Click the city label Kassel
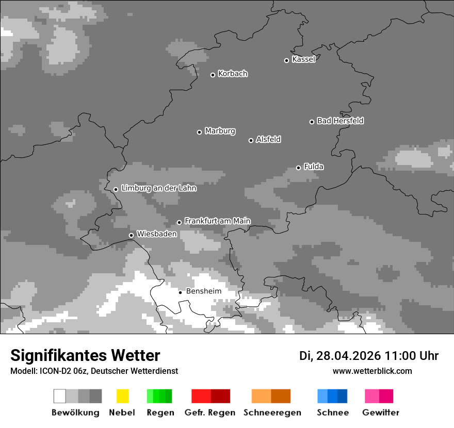[x=303, y=59]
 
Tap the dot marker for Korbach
[x=213, y=75]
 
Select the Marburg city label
[x=220, y=131]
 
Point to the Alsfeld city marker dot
[x=251, y=140]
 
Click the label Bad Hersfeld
[x=340, y=121]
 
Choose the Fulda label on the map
[x=314, y=167]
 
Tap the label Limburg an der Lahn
[x=158, y=188]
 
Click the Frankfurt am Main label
[x=217, y=221]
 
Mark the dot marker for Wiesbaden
[x=131, y=235]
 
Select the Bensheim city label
[x=203, y=291]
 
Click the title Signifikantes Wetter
[x=85, y=355]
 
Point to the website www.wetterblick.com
[x=372, y=371]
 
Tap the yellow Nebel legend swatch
[x=122, y=396]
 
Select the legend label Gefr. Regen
[x=210, y=413]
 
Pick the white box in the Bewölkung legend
[x=59, y=396]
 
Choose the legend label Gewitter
[x=381, y=413]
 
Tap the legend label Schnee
[x=332, y=413]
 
